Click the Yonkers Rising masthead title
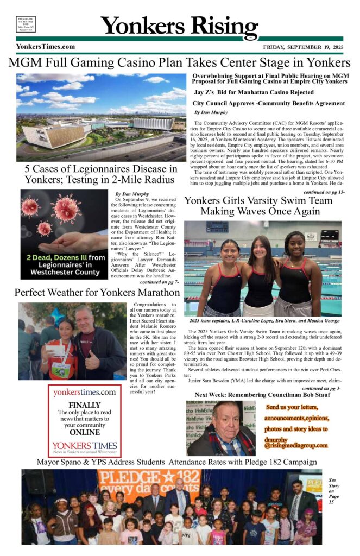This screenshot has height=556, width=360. point(180,25)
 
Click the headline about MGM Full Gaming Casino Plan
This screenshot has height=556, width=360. point(180,62)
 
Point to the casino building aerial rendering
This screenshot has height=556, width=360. point(101,117)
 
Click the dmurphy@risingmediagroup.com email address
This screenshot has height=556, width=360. point(296,441)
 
